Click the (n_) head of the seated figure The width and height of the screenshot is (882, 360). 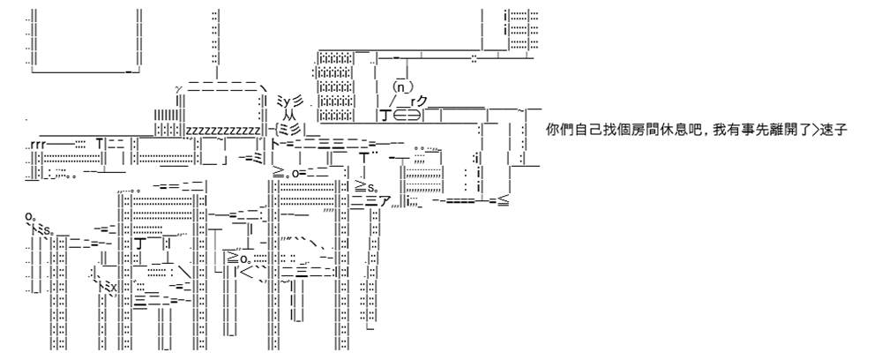[403, 87]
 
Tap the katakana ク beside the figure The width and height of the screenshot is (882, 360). [422, 101]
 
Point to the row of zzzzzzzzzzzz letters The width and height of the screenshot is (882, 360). [223, 131]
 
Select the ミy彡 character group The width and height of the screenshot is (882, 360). [290, 101]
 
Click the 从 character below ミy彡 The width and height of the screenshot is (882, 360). [288, 114]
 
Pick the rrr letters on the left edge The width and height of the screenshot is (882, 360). [39, 144]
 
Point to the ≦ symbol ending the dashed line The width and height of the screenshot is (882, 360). [504, 200]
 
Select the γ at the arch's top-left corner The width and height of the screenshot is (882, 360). [179, 89]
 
